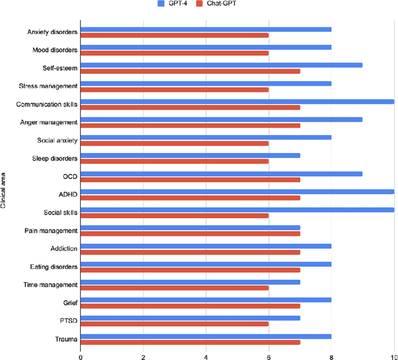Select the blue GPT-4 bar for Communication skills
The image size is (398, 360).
[237, 101]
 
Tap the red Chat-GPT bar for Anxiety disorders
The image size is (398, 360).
[174, 35]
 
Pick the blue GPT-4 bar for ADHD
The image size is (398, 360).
[237, 192]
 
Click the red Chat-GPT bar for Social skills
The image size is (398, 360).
[174, 215]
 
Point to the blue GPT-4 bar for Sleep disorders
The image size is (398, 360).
[190, 155]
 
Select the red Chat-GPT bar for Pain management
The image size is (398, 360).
[190, 233]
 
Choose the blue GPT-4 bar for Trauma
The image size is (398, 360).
[206, 336]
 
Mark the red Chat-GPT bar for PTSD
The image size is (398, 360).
[174, 323]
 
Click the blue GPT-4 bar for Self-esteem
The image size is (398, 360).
[221, 65]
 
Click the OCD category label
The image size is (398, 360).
[70, 176]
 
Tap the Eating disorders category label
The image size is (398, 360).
[55, 267]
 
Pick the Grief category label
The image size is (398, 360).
[70, 303]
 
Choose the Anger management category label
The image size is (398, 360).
[50, 122]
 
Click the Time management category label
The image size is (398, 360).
[52, 285]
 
